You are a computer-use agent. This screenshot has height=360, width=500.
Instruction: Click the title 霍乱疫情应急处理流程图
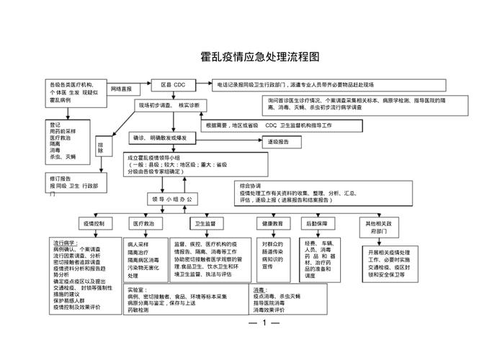pyautogui.click(x=260, y=56)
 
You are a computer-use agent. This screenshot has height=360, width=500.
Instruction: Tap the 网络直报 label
pyautogui.click(x=122, y=89)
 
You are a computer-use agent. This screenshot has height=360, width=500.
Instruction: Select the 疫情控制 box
pyautogui.click(x=94, y=224)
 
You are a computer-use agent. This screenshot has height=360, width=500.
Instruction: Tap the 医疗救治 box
pyautogui.click(x=143, y=224)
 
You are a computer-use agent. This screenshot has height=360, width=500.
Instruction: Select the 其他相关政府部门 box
pyautogui.click(x=380, y=228)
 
